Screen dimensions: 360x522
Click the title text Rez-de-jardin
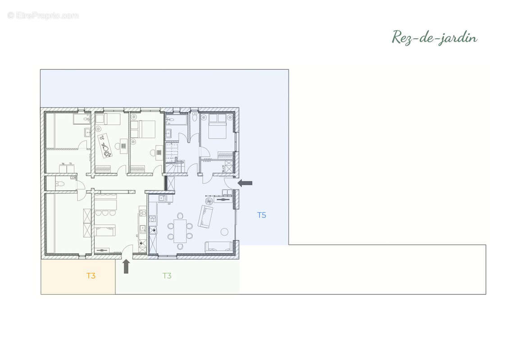[x=434, y=37]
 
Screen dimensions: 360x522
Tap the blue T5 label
[x=262, y=215]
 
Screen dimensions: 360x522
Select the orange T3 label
[x=91, y=276]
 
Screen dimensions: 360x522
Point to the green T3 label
[x=167, y=276]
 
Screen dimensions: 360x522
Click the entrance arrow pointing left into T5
[x=245, y=183]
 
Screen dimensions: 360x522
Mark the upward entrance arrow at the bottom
[x=126, y=266]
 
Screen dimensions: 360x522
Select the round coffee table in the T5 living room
[x=224, y=232]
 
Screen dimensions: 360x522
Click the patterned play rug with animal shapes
[x=104, y=145]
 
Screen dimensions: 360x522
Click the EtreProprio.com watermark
[x=43, y=16]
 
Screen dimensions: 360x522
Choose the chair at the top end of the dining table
[x=180, y=215]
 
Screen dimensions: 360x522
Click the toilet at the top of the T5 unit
[x=195, y=117]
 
